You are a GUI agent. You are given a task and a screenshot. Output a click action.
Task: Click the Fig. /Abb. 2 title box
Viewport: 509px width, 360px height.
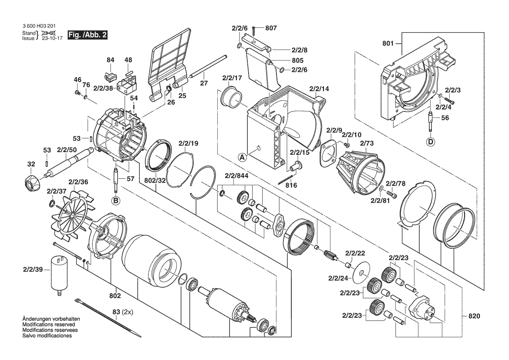click(87, 35)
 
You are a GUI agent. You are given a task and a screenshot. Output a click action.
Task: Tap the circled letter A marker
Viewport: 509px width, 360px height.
click(242, 156)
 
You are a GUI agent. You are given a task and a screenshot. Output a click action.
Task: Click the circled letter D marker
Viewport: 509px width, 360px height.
click(430, 141)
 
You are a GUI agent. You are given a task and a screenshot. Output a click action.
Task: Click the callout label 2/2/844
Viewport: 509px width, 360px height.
click(237, 176)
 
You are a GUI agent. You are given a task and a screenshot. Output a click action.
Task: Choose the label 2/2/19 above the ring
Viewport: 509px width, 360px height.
click(188, 143)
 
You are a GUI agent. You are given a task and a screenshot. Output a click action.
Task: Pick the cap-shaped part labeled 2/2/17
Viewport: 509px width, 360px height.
click(231, 98)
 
